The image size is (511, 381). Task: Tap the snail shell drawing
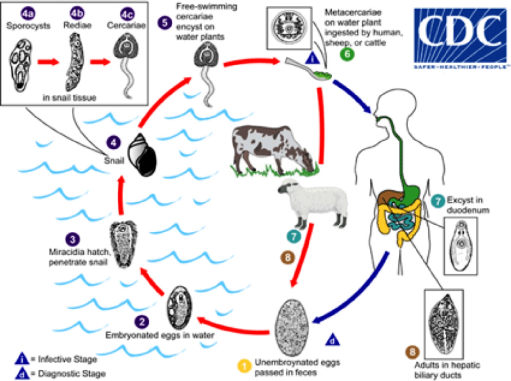click(x=142, y=155)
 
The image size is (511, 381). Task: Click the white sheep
click(x=315, y=201)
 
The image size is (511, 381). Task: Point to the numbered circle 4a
click(x=28, y=13)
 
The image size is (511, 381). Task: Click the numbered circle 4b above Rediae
click(x=77, y=13)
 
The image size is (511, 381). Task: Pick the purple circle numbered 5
click(x=165, y=23)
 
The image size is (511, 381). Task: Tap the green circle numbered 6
click(x=347, y=54)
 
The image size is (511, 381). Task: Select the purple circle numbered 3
click(x=73, y=240)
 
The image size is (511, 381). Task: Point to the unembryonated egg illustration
click(x=292, y=327)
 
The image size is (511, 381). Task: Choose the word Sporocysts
click(x=28, y=26)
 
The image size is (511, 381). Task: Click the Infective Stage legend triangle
click(x=22, y=359)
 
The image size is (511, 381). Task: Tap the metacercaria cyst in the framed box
click(x=289, y=28)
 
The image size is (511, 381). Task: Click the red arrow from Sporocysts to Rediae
click(x=48, y=62)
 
